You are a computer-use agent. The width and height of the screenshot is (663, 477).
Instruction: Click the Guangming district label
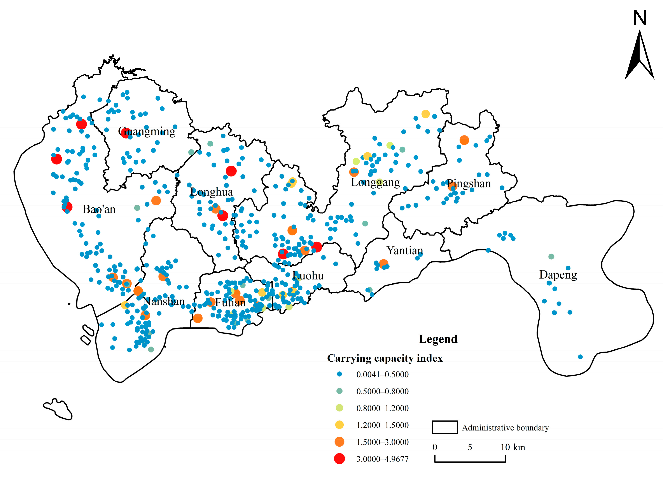pyautogui.click(x=147, y=132)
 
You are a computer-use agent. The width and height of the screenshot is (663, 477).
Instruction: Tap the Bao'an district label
pyautogui.click(x=99, y=209)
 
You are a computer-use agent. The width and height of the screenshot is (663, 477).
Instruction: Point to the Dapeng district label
pyautogui.click(x=558, y=275)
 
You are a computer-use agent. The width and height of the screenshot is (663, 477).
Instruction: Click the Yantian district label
pyautogui.click(x=405, y=251)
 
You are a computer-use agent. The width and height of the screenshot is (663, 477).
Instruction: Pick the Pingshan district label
pyautogui.click(x=469, y=184)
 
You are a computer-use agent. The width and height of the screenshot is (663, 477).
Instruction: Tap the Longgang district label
pyautogui.click(x=375, y=182)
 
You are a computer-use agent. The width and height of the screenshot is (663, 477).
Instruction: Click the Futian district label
pyautogui.click(x=230, y=303)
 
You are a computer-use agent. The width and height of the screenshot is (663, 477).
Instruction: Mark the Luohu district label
pyautogui.click(x=308, y=276)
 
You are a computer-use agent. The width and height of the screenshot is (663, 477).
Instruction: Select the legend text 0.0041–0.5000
pyautogui.click(x=382, y=375)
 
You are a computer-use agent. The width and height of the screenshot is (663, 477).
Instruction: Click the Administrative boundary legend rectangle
pyautogui.click(x=445, y=427)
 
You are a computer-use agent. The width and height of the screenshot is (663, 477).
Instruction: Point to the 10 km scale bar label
pyautogui.click(x=513, y=447)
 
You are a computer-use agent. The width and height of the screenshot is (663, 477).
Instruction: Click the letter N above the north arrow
pyautogui.click(x=639, y=18)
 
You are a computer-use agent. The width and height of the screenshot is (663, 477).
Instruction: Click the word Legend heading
pyautogui.click(x=438, y=339)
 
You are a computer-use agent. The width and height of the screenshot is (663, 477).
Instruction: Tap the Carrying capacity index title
pyautogui.click(x=385, y=358)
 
